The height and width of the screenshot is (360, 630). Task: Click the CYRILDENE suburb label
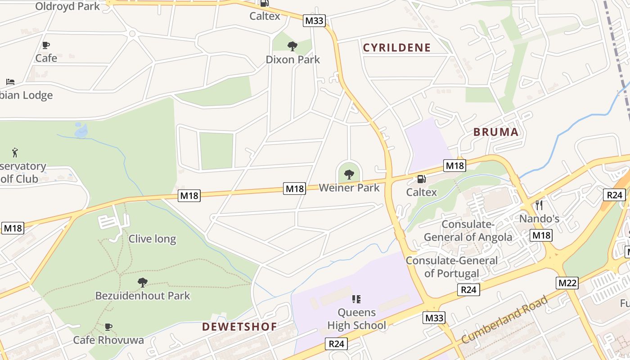tap(397, 48)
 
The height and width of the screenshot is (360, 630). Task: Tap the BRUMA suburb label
tap(496, 132)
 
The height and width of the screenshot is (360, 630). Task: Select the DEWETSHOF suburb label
tap(239, 327)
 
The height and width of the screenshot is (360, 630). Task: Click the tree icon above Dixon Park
tap(292, 46)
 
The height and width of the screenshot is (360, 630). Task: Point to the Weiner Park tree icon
tap(349, 175)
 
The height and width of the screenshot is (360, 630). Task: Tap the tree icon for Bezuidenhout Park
tap(143, 283)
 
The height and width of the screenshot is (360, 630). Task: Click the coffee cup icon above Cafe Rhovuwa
tap(108, 327)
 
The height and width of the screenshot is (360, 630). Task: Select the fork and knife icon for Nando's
tap(539, 205)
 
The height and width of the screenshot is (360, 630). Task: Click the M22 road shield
tap(567, 283)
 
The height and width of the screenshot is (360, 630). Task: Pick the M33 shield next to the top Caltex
tap(314, 21)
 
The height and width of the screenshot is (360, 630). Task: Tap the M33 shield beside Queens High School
tap(434, 318)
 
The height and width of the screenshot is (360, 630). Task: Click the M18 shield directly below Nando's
tap(541, 235)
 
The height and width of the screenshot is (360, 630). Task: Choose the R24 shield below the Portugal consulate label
tap(468, 290)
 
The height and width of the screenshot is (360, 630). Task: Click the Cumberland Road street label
tap(504, 319)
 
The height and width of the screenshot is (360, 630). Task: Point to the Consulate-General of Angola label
tap(468, 231)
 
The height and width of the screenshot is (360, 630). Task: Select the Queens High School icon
tap(356, 299)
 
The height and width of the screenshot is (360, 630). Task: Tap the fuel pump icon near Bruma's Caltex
tap(421, 179)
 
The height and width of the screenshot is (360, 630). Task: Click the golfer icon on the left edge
tap(15, 153)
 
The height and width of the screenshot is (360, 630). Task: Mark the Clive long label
tap(152, 238)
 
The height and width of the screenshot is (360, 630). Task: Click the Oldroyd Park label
tap(67, 6)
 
